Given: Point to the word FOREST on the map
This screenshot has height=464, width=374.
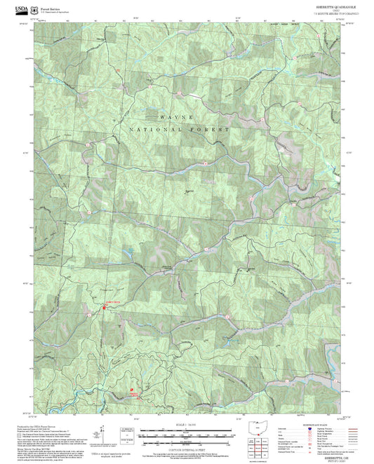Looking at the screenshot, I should point(213,131).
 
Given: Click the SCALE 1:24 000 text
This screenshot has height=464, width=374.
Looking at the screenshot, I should point(186,424).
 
